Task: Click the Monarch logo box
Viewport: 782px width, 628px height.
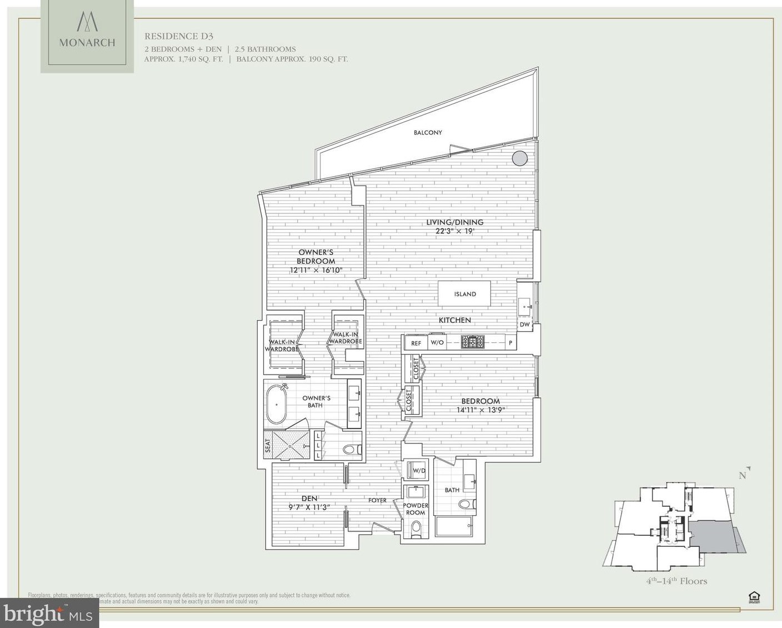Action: point(87,37)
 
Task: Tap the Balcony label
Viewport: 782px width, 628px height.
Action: point(428,132)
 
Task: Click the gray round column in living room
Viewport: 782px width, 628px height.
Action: point(519,158)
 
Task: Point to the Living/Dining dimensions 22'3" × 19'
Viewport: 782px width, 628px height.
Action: point(454,231)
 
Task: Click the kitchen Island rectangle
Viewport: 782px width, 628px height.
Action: point(465,294)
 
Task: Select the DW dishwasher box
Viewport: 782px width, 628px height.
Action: point(525,324)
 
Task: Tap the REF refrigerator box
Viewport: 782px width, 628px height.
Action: point(416,343)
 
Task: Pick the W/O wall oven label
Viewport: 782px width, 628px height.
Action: point(437,342)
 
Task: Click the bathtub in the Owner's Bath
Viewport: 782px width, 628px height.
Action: point(276,405)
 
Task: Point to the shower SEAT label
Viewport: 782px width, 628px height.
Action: point(268,445)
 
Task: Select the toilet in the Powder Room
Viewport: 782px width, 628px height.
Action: point(416,531)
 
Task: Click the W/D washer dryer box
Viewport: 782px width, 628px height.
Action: point(417,471)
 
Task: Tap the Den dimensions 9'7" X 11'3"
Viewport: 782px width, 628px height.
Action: point(309,507)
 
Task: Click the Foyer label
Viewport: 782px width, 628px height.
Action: point(377,500)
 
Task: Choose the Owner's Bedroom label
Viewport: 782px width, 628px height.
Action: point(315,257)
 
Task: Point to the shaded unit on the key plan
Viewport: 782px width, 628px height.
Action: point(716,537)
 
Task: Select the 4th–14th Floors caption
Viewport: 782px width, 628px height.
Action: point(676,581)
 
